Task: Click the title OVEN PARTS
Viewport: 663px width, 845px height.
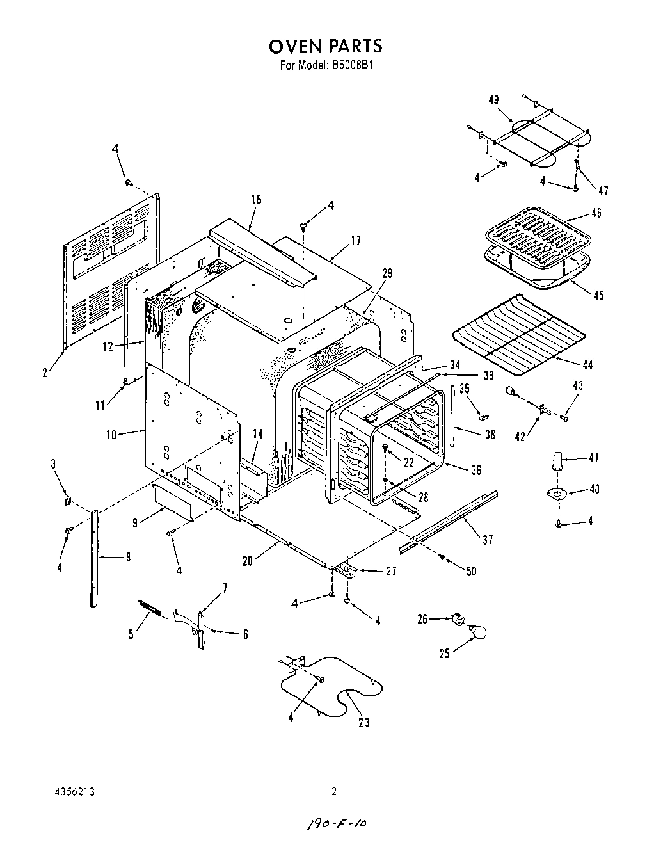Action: [x=325, y=46]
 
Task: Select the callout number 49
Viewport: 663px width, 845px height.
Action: [x=493, y=100]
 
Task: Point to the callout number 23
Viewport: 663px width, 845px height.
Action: [x=364, y=723]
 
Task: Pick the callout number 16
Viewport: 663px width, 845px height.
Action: [x=256, y=200]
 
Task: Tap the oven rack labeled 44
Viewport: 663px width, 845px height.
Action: [x=518, y=334]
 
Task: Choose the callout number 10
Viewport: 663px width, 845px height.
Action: [x=111, y=435]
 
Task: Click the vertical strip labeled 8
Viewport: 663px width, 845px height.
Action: [x=95, y=557]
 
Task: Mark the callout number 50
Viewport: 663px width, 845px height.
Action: [x=471, y=571]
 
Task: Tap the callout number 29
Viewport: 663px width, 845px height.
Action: [x=387, y=273]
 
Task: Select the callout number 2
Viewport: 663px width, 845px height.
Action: [x=45, y=372]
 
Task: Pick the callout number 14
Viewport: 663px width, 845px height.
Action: [x=257, y=433]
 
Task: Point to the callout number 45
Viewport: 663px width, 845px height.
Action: [x=598, y=295]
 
